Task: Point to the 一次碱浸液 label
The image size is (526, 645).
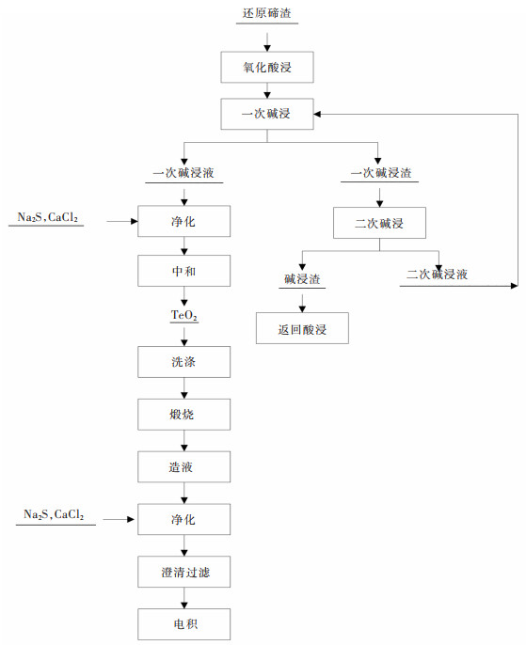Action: pos(183,174)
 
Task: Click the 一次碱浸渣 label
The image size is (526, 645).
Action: pos(380,174)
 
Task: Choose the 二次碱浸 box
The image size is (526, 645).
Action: pos(379,224)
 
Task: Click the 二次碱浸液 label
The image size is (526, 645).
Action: pos(438,275)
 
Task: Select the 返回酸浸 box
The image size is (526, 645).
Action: pos(301,329)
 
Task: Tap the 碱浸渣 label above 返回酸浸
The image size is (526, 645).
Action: pos(302,279)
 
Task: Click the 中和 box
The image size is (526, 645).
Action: pos(183,272)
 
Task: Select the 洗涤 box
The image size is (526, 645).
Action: pos(183,361)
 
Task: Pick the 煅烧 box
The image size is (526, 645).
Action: pos(183,414)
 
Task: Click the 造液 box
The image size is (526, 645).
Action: pos(183,466)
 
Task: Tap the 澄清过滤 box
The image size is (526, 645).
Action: pos(183,572)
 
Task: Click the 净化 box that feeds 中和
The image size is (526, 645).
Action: pos(183,223)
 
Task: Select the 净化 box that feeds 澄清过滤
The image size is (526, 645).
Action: pos(183,519)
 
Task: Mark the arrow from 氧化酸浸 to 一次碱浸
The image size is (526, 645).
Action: pos(267,90)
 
